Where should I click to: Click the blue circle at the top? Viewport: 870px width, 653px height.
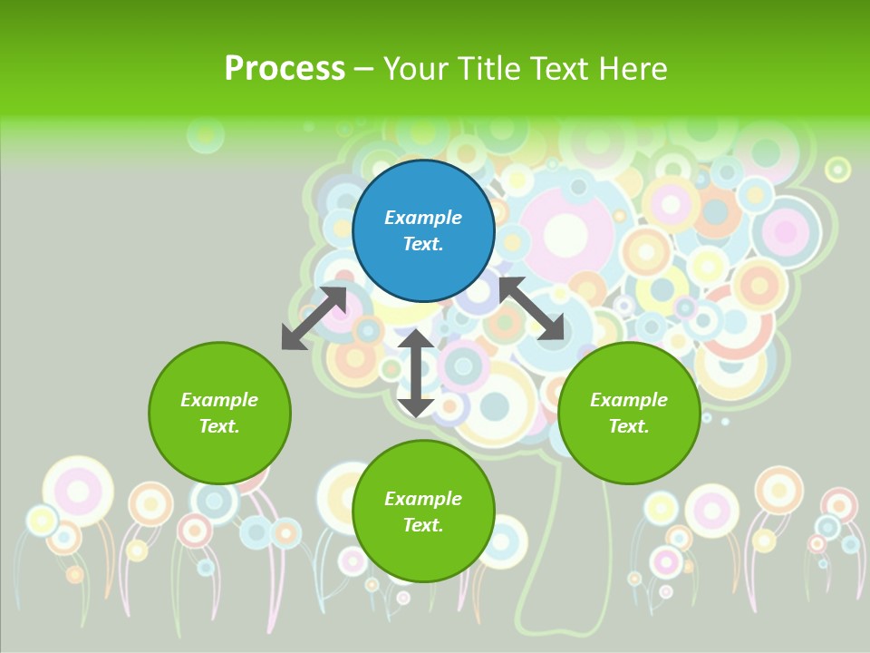423,230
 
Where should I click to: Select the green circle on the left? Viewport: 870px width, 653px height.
219,413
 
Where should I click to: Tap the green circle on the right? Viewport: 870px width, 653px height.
629,413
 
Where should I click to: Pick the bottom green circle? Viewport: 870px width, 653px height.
423,511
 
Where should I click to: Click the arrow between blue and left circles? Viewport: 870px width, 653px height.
314,318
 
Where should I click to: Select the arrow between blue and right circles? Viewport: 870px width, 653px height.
531,308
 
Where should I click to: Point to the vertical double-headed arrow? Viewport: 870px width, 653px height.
416,373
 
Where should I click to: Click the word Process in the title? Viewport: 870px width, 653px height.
285,69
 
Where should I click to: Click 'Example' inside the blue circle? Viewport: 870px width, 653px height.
423,218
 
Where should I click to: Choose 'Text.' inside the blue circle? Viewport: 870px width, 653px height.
423,244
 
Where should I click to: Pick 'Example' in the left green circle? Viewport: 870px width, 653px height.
219,400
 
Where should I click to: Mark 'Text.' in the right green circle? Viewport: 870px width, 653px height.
629,426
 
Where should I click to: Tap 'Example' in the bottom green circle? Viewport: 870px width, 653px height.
423,499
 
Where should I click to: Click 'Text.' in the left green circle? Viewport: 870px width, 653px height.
219,426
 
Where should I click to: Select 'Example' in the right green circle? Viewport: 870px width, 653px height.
629,400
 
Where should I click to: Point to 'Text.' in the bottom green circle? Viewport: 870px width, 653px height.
423,525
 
